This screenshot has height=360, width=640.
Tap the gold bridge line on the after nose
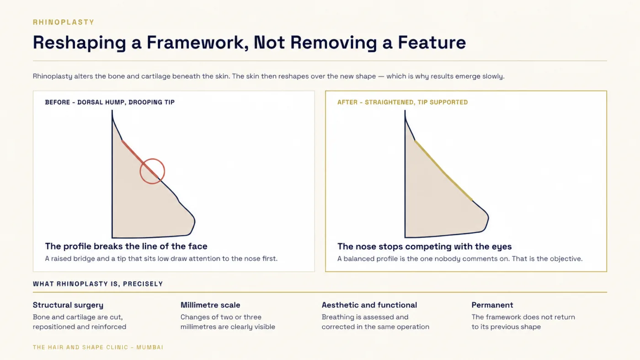click(443, 170)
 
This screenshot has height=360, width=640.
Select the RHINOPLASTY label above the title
click(64, 22)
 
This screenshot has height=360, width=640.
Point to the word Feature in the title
click(432, 42)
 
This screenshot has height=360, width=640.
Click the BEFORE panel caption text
click(110, 102)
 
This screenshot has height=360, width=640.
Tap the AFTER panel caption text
click(403, 102)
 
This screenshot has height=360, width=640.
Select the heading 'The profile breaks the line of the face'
click(126, 246)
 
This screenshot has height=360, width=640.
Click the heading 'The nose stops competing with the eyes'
click(424, 246)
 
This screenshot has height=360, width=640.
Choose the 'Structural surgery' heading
click(68, 305)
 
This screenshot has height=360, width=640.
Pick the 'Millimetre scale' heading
click(210, 305)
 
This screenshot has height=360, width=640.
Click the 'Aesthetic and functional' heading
click(369, 305)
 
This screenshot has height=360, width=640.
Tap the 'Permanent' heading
click(492, 305)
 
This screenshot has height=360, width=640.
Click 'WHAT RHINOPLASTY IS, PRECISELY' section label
click(98, 284)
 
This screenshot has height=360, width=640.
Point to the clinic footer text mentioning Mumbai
click(98, 347)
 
